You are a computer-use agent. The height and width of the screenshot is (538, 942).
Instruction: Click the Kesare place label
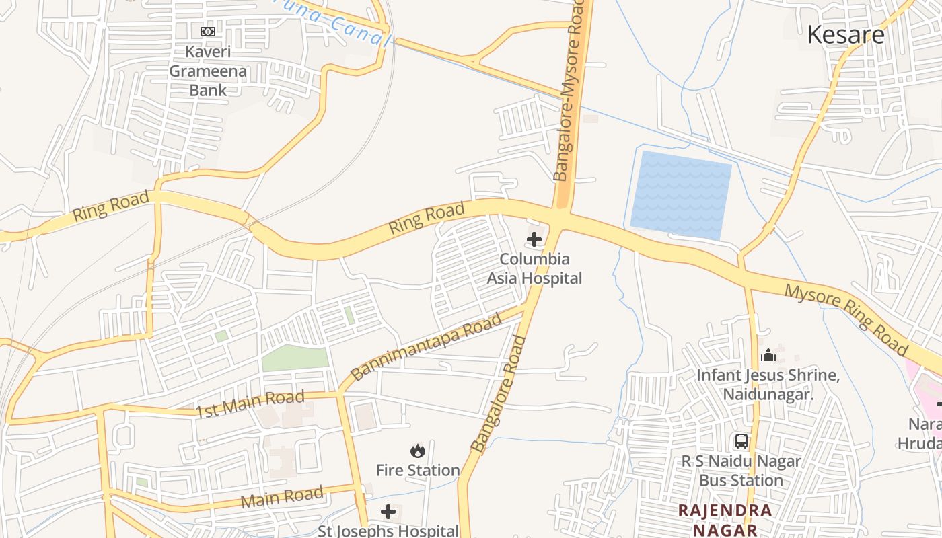click(x=846, y=34)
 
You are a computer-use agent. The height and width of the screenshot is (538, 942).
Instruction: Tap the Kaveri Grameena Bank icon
click(x=208, y=31)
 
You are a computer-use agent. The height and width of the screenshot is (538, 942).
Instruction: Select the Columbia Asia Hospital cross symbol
click(x=534, y=239)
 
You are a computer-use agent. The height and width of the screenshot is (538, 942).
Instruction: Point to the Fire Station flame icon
click(x=418, y=450)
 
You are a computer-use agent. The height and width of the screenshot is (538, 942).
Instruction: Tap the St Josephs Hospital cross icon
click(x=388, y=512)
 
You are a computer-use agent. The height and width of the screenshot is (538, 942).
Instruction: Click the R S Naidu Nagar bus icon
click(x=741, y=441)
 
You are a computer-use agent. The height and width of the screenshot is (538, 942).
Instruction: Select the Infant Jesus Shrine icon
click(x=768, y=354)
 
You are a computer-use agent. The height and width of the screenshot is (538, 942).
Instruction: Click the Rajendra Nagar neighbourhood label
click(x=725, y=519)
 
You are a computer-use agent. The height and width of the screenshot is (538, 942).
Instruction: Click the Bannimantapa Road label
click(x=427, y=346)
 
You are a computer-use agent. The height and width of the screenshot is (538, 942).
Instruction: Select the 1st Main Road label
click(x=250, y=403)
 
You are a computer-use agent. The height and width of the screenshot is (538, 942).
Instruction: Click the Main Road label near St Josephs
click(x=282, y=498)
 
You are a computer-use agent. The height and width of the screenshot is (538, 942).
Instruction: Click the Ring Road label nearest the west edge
click(x=110, y=206)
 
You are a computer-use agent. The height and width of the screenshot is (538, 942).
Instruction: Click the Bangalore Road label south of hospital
click(x=498, y=393)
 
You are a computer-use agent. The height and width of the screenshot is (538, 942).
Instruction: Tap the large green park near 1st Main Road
click(x=295, y=358)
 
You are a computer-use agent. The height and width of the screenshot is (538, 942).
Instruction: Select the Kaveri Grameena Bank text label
click(x=208, y=71)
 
